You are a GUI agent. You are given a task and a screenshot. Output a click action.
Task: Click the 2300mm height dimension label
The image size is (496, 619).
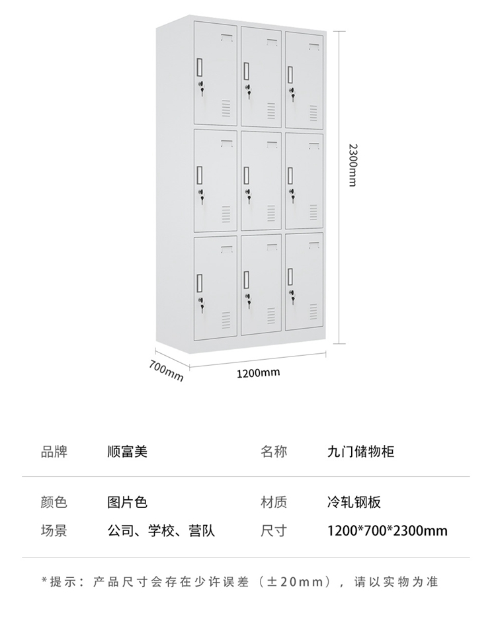click(351, 165)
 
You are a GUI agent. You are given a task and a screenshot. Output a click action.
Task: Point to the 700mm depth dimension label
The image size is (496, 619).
click(166, 371)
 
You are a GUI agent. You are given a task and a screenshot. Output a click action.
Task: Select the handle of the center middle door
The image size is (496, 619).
click(247, 175)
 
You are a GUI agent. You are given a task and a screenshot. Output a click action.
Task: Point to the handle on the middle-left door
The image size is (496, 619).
click(199, 175)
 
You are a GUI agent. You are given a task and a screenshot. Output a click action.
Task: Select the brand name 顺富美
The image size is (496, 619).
click(127, 452)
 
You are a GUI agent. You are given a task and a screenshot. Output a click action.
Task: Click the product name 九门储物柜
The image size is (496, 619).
click(360, 452)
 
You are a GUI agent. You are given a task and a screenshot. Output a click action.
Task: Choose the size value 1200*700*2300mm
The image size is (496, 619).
click(387, 530)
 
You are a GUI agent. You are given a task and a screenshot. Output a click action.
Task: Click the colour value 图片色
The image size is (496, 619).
click(127, 503)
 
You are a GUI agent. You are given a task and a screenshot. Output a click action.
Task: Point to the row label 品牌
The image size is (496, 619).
click(54, 452)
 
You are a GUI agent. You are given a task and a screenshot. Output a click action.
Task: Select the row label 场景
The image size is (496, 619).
click(54, 530)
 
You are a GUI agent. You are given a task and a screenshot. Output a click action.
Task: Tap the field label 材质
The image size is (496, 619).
click(274, 503)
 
